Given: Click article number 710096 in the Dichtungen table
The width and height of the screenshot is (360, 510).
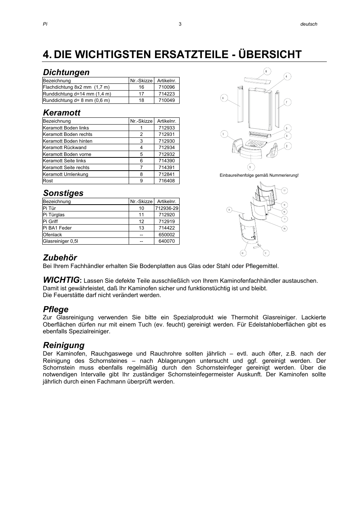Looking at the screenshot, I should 166,87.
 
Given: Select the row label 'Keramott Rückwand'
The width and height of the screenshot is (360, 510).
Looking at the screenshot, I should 65,148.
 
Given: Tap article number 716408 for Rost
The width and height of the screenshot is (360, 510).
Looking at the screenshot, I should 166,181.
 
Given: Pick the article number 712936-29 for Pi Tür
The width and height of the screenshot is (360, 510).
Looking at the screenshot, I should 166,208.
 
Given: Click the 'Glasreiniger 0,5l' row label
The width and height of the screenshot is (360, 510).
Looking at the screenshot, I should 60,241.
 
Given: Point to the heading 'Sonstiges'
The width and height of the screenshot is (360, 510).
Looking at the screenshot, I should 63,193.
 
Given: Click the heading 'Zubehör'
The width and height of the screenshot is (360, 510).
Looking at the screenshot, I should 60,257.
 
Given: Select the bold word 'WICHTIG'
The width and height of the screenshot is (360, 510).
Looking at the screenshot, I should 61,280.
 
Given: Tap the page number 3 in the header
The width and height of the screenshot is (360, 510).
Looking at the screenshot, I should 180,24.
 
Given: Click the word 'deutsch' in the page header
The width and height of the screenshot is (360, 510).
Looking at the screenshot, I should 308,24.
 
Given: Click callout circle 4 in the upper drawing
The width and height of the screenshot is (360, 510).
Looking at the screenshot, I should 286,76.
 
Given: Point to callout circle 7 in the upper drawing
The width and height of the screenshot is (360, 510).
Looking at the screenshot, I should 287,102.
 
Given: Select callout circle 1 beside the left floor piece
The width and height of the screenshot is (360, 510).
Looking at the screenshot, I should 224,134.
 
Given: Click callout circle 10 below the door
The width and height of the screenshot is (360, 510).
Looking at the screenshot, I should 243,253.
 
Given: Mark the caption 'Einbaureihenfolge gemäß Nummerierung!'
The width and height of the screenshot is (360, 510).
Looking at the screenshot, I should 259,176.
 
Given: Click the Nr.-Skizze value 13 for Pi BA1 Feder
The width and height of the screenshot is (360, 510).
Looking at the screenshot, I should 141,228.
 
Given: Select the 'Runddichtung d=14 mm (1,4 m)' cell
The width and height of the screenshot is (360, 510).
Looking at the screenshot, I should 77,94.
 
